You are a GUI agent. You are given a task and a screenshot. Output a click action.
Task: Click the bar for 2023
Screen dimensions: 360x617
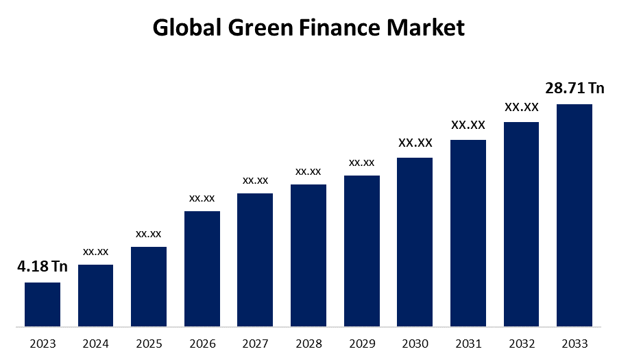[x=43, y=304]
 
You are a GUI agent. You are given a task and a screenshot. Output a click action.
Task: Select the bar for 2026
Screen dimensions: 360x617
[x=202, y=268]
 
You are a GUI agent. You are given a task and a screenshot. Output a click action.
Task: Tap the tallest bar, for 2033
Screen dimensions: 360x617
[x=574, y=215]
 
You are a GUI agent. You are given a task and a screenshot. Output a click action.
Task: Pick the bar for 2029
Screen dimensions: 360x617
[x=362, y=250]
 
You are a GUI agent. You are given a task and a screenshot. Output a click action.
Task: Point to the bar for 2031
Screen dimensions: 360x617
[x=468, y=232]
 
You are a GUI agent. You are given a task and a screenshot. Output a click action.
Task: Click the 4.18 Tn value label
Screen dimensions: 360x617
[x=43, y=266]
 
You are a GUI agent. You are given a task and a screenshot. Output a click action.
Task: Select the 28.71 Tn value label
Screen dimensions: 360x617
[x=574, y=88]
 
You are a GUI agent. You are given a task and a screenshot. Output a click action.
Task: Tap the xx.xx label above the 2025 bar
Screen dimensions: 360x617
[x=149, y=234]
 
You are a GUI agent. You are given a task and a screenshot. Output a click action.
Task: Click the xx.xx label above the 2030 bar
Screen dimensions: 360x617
[x=415, y=143]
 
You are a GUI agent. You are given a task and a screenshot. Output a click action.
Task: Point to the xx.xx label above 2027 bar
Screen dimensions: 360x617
[x=255, y=180]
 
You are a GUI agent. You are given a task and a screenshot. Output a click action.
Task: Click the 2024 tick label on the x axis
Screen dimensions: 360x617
[x=96, y=344]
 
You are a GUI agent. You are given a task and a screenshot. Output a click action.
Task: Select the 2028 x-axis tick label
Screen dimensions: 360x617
[x=308, y=344]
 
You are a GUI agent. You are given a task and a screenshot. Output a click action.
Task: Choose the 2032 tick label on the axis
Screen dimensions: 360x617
[x=521, y=344]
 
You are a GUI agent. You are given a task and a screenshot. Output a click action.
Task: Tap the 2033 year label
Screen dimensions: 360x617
[x=574, y=344]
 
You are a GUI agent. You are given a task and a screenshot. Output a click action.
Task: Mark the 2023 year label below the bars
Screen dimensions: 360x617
[x=43, y=344]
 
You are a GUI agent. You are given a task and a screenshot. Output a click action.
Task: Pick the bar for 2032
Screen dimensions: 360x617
[x=521, y=224]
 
